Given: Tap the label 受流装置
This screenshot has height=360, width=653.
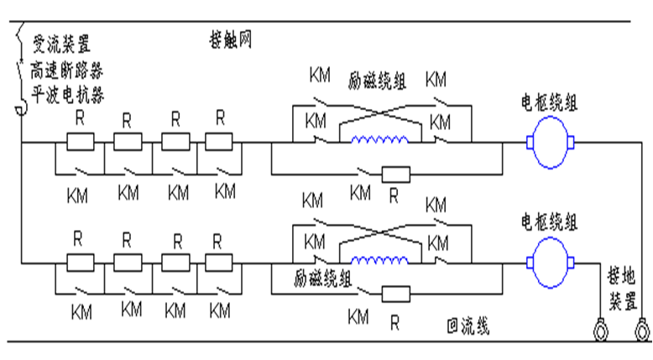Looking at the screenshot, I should tap(61, 42).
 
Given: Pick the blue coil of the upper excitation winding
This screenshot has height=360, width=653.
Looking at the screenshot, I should tap(383, 140).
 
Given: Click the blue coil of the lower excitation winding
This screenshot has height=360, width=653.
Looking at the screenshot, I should tap(383, 258).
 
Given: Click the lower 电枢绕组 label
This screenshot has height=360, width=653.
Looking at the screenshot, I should tap(549, 222).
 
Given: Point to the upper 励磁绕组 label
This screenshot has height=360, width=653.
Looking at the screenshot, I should tap(377, 81).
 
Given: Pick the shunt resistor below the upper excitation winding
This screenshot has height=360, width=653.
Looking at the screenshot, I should tap(395, 175).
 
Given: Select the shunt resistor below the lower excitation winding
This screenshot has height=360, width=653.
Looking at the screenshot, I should tap(395, 294).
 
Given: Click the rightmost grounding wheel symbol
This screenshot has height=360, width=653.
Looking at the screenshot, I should tap(642, 331).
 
